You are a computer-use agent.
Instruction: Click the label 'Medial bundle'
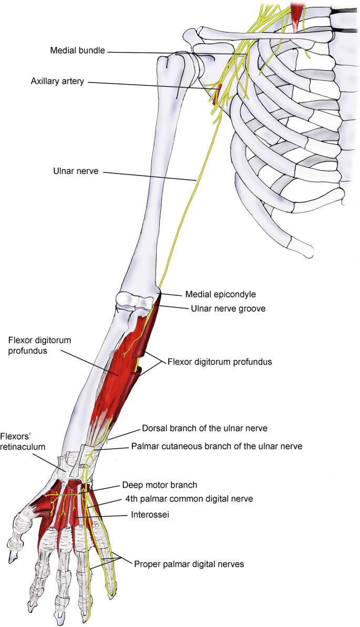click(x=78, y=50)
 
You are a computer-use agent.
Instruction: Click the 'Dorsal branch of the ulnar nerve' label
click(x=204, y=428)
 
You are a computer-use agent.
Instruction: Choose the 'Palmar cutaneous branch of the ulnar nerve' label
click(x=216, y=447)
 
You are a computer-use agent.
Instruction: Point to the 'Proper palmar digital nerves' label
click(x=189, y=564)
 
